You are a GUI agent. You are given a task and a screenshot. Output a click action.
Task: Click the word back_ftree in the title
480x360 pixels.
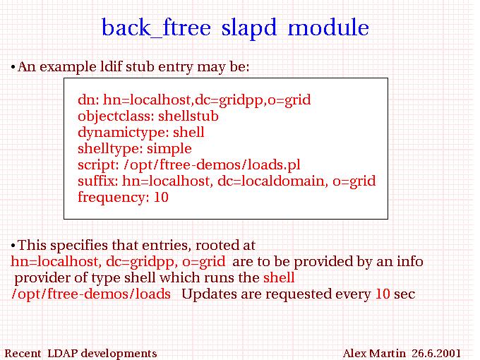156,28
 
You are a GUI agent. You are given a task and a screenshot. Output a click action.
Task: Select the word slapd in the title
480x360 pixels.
249,28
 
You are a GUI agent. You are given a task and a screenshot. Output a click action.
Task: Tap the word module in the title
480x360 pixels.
328,28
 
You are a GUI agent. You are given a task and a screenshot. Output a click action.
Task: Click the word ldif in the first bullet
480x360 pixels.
111,66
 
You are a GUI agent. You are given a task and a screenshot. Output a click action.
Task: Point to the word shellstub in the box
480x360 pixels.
188,116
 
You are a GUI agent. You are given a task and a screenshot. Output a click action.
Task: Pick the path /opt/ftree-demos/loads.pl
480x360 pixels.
212,165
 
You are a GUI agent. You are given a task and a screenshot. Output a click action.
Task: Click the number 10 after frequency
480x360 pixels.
161,197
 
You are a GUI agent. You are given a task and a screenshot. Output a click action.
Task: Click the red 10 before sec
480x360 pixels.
383,294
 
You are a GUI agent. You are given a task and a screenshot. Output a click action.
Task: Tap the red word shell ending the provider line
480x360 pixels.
279,277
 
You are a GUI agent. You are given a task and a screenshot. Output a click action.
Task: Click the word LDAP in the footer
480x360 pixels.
62,353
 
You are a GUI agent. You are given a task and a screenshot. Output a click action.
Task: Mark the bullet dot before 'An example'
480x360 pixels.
13,67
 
